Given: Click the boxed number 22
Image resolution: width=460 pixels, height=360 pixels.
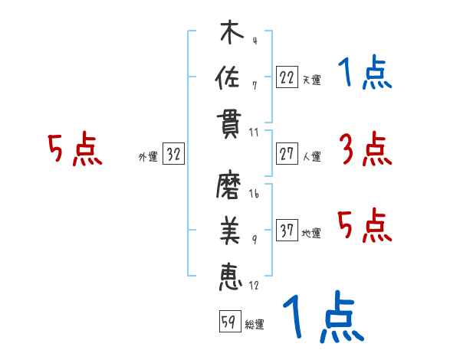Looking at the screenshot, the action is (x=287, y=77).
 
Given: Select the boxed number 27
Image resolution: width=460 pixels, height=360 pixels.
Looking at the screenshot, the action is (x=287, y=154).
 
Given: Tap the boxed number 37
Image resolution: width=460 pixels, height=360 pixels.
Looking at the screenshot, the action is (x=287, y=231).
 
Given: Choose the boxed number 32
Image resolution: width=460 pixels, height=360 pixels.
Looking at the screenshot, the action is (x=173, y=154).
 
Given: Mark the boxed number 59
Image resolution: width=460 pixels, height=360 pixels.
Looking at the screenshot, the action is (x=228, y=322).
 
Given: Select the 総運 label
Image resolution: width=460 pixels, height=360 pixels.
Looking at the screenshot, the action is (x=254, y=325).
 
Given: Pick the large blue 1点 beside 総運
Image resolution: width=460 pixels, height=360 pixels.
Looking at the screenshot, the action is (x=322, y=319).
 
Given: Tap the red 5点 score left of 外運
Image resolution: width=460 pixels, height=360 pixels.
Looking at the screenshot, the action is (x=74, y=149).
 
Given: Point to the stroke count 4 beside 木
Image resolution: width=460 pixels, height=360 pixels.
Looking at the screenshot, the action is (x=254, y=40).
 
